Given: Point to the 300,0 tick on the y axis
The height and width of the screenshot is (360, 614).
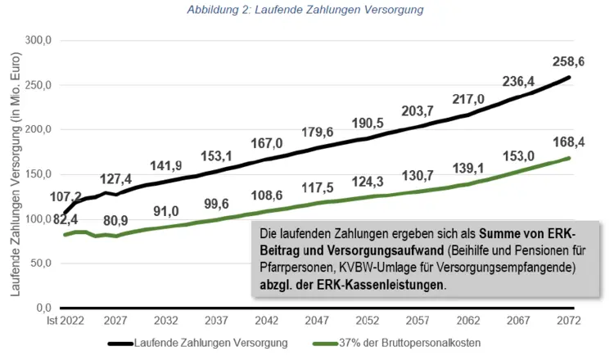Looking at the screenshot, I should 38,40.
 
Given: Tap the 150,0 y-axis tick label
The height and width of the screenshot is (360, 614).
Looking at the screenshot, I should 38,174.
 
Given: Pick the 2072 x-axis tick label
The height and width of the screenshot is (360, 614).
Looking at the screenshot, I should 567,320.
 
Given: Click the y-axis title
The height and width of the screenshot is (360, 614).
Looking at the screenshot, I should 15,173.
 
